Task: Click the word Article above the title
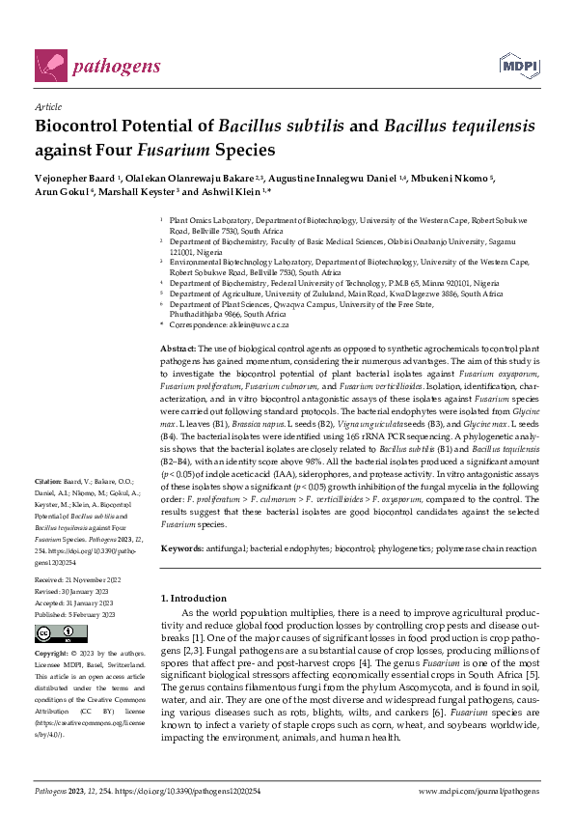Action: coord(47,108)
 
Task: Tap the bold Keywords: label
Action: coord(184,548)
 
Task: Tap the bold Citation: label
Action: coord(48,481)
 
